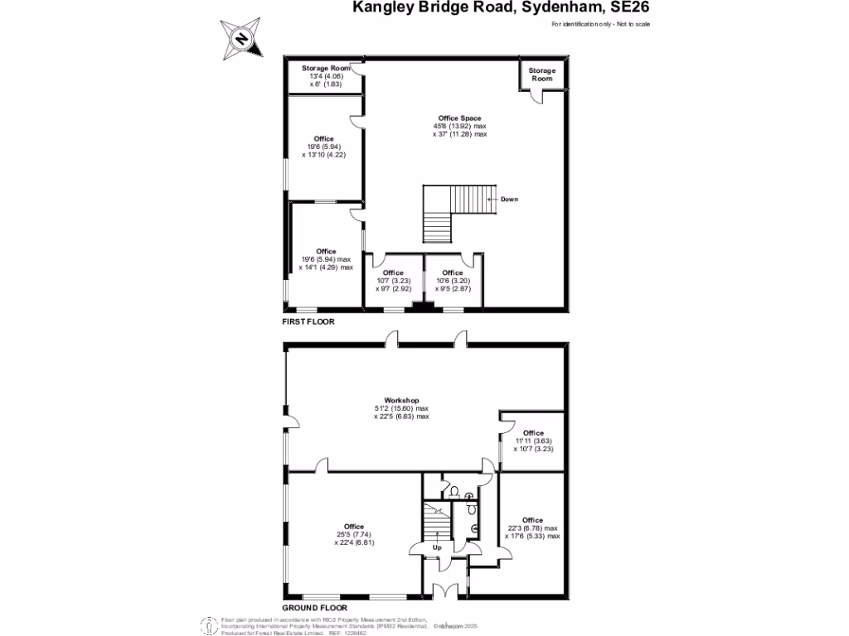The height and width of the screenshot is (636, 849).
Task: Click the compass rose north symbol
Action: pyautogui.click(x=241, y=38)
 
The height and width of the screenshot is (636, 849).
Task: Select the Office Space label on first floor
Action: pyautogui.click(x=459, y=118)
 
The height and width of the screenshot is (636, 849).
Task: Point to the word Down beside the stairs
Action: pyautogui.click(x=509, y=199)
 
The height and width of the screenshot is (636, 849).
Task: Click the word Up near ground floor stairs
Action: pyautogui.click(x=437, y=547)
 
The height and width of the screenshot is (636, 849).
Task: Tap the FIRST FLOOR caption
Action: pyautogui.click(x=308, y=321)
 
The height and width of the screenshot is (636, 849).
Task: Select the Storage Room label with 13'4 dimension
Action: pyautogui.click(x=326, y=68)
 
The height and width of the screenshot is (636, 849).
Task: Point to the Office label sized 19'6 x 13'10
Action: pyautogui.click(x=323, y=138)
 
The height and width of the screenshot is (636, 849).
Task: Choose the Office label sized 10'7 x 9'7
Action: pyautogui.click(x=393, y=272)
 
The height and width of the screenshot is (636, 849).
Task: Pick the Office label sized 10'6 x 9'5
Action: pyautogui.click(x=452, y=272)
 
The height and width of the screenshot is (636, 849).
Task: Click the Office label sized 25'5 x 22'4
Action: pyautogui.click(x=354, y=527)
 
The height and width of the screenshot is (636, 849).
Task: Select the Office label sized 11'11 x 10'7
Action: pyautogui.click(x=533, y=433)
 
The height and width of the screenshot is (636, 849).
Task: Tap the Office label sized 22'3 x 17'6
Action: pyautogui.click(x=532, y=520)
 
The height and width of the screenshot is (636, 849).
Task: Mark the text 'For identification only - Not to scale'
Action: pyautogui.click(x=600, y=24)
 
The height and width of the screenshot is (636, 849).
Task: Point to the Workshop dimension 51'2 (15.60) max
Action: pyautogui.click(x=401, y=408)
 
